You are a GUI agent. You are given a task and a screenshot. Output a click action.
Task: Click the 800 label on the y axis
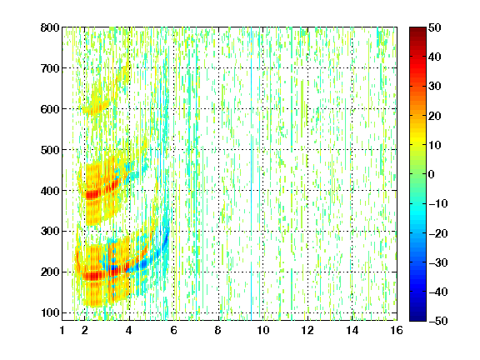point(50,27)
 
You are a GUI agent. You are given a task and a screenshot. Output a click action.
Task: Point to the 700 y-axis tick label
point(50,68)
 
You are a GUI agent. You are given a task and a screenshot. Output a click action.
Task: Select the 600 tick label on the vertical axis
point(50,109)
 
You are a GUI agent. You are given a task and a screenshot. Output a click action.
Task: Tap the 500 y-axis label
point(50,150)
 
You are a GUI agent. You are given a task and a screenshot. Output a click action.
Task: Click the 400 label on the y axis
point(50,191)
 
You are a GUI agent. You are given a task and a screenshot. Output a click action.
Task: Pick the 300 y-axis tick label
point(50,232)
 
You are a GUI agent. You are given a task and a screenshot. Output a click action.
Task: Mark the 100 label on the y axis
point(50,312)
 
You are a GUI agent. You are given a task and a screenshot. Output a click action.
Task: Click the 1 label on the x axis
point(62,330)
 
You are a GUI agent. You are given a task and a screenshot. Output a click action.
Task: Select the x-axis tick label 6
point(173,330)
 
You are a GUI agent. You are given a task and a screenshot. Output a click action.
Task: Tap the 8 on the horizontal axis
point(218,330)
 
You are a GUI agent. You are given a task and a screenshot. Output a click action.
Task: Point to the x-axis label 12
point(307,330)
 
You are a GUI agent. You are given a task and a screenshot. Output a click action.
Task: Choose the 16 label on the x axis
point(397,330)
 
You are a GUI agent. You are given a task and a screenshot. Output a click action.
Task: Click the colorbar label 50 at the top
point(435,27)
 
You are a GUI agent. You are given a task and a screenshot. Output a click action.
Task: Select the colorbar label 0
point(432,174)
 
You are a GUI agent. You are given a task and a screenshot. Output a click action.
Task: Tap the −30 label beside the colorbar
point(438,262)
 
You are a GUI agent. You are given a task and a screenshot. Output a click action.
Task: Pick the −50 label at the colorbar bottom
point(438,321)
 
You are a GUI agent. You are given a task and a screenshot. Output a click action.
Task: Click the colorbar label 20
point(435,116)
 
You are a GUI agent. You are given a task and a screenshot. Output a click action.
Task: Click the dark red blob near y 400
point(93,194)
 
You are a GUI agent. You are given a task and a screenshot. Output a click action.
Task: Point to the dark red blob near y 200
point(94,276)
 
